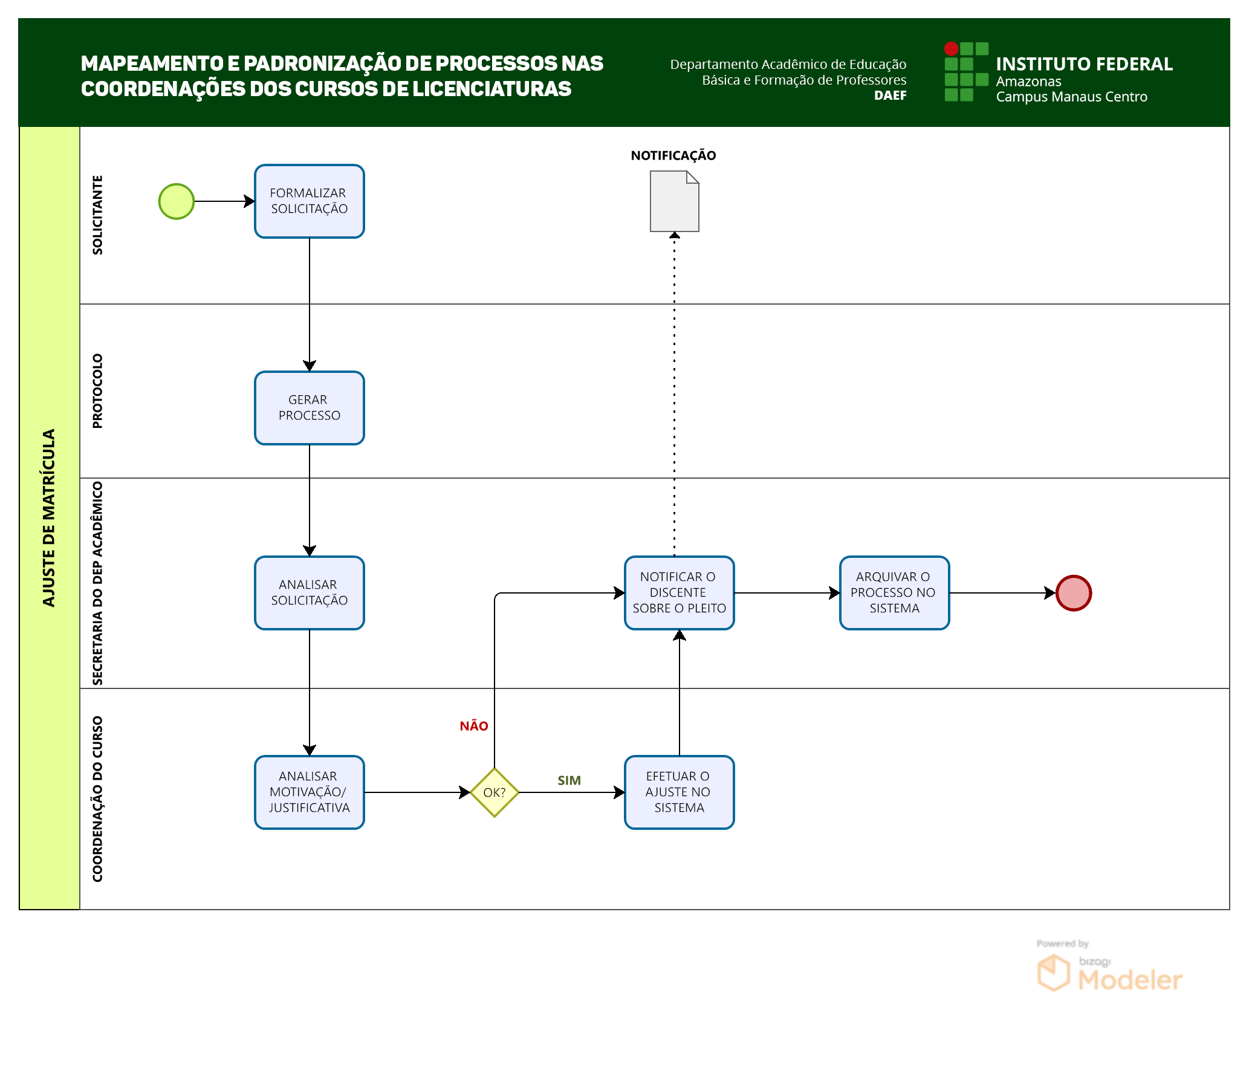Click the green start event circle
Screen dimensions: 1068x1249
click(176, 201)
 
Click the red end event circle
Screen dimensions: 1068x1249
click(1073, 593)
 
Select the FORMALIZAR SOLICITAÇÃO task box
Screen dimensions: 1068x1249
click(309, 201)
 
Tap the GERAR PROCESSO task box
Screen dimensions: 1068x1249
click(309, 408)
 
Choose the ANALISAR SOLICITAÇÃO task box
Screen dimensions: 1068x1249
click(309, 593)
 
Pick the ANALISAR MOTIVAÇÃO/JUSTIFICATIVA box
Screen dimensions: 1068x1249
click(309, 792)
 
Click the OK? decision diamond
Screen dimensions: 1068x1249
click(494, 792)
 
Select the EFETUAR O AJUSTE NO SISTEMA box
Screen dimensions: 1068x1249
click(679, 792)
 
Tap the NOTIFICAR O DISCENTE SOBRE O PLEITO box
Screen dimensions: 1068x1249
click(679, 593)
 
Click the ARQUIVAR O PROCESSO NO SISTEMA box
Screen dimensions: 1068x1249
click(894, 593)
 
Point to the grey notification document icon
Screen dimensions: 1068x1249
click(674, 201)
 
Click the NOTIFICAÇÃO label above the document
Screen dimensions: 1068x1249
click(673, 155)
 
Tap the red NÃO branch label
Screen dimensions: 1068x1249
click(473, 726)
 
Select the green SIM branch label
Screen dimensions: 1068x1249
click(569, 780)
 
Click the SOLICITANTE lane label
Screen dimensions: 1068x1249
click(97, 215)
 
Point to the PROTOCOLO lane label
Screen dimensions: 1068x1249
click(97, 391)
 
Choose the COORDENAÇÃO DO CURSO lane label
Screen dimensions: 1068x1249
click(97, 798)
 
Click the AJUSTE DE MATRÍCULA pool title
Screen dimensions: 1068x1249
click(49, 518)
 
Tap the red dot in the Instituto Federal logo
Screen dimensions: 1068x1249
click(951, 48)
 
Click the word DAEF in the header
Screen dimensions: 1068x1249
click(890, 95)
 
